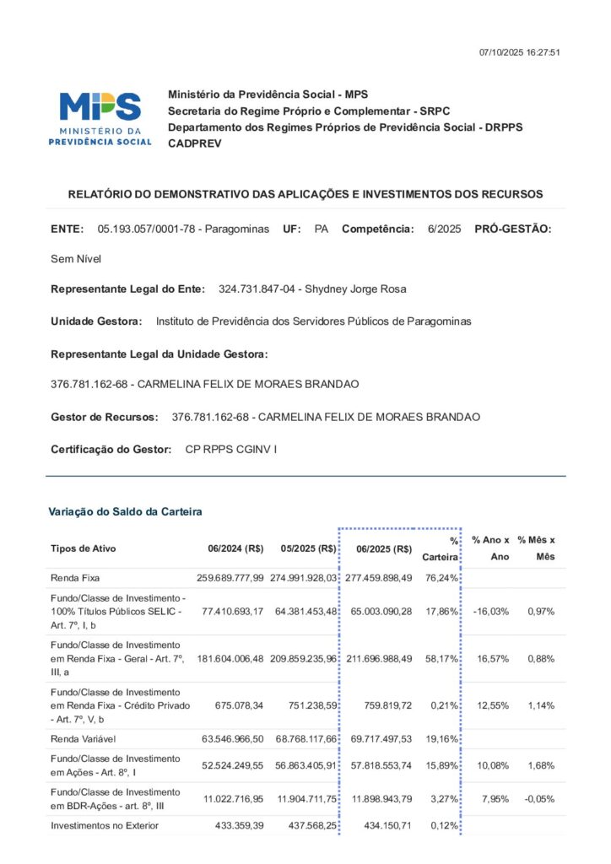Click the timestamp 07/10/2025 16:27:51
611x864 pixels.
pos(519,52)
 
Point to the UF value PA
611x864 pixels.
pos(321,229)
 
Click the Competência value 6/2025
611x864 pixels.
pos(444,229)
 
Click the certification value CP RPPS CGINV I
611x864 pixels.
pos(230,450)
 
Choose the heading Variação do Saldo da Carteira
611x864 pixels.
pos(125,511)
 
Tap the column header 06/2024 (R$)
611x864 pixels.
pos(235,548)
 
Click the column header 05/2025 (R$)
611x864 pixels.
pos(309,548)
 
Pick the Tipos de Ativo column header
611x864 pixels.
pos(84,548)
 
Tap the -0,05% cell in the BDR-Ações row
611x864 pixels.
pos(536,798)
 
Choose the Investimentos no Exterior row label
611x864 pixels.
pos(105,825)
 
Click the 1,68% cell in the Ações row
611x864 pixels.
pos(540,765)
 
